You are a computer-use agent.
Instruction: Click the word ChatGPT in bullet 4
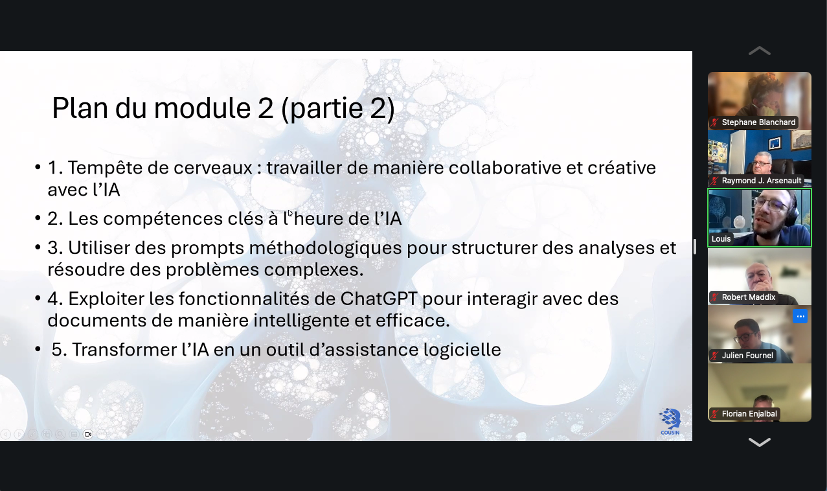[379, 299]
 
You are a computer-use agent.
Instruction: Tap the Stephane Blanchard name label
[758, 122]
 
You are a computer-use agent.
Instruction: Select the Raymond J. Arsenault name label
[762, 181]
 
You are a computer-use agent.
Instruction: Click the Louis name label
[721, 239]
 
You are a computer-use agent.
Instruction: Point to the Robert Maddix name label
[749, 297]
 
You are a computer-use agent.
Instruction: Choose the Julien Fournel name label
[747, 356]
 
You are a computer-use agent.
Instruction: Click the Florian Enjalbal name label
[749, 414]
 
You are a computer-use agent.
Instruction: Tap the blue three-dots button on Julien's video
[800, 316]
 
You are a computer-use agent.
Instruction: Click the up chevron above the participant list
[760, 51]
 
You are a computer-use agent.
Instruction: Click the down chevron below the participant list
[760, 442]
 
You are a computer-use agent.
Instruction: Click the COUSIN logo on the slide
[670, 422]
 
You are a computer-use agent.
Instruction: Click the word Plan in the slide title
[80, 108]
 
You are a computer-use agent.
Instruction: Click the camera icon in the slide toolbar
[88, 434]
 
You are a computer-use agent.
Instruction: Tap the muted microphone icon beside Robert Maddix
[715, 297]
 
